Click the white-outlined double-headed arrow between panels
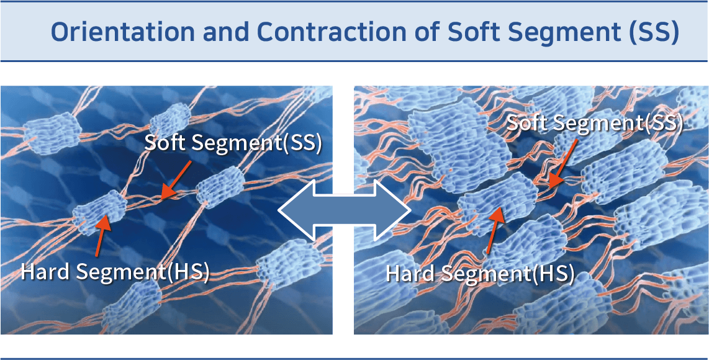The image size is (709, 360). click(344, 209)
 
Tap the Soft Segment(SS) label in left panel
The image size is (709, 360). click(233, 143)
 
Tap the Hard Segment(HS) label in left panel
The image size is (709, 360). click(115, 272)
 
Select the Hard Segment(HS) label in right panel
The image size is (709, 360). click(480, 272)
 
